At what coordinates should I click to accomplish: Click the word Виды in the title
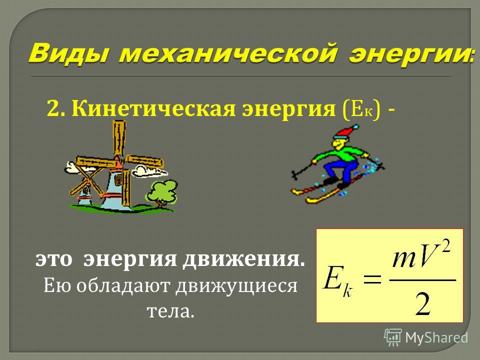point(69,55)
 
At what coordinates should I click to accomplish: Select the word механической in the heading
point(229,55)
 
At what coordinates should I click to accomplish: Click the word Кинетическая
point(154,108)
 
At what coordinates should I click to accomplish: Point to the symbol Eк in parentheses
point(362,109)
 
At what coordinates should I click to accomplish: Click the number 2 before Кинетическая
point(52,109)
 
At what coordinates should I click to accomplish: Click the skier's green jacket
point(340,154)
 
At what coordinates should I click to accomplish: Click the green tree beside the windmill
point(161,193)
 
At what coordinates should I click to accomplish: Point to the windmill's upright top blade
point(119,137)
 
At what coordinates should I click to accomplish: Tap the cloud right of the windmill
point(149,171)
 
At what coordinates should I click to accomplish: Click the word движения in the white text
point(244,259)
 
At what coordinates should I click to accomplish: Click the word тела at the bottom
point(170,311)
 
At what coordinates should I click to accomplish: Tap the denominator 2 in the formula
point(423,303)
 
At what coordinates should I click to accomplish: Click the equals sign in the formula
point(372,279)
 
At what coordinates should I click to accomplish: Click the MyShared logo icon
point(393,337)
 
